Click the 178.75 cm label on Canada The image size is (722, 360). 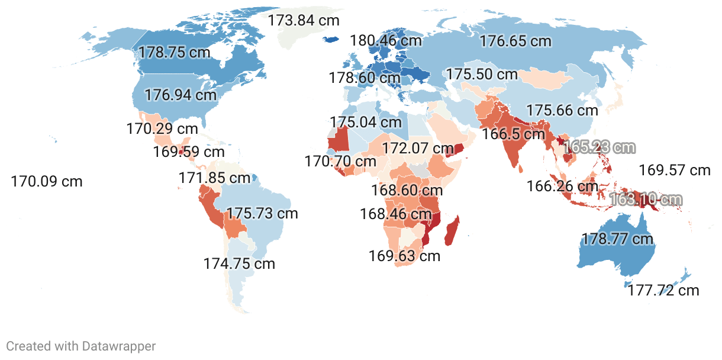pos(174,52)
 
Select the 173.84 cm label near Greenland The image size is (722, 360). pos(304,20)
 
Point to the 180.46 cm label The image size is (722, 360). pos(386,40)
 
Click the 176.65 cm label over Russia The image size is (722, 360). pos(515,41)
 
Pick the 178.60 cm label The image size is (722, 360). pos(365,78)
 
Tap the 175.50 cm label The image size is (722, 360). pos(482,75)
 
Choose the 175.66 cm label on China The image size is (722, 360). pos(562,110)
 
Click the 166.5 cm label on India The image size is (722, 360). pos(513,134)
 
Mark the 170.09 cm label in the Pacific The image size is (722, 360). pos(47,181)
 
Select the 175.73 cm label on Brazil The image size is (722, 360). pos(262,213)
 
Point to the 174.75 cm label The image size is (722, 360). pos(239,263)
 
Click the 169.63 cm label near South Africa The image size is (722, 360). pos(405,256)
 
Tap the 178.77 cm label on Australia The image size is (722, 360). pos(617,239)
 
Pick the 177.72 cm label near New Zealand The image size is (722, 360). pos(663,290)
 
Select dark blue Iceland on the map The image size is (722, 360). pos(332,40)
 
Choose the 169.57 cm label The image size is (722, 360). pos(675,171)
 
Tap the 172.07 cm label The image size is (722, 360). pos(418,147)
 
